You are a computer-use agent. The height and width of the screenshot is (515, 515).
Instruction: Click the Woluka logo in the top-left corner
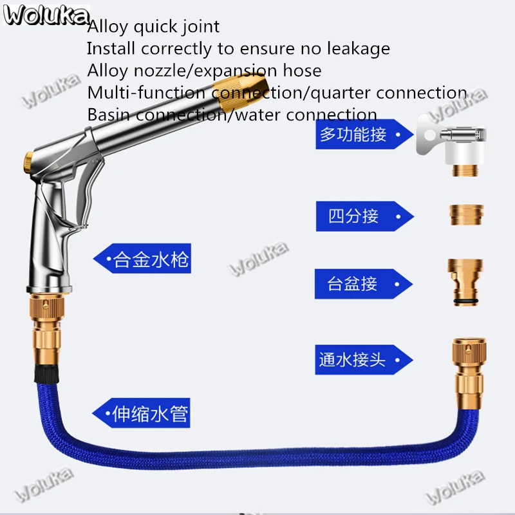pyautogui.click(x=46, y=15)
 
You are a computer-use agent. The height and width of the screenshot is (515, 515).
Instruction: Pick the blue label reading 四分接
pyautogui.click(x=364, y=216)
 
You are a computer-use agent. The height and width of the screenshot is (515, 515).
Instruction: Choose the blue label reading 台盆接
pyautogui.click(x=363, y=284)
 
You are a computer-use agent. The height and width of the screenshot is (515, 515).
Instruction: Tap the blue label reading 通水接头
pyautogui.click(x=364, y=360)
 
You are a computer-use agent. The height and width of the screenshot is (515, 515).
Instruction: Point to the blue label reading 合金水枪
pyautogui.click(x=142, y=259)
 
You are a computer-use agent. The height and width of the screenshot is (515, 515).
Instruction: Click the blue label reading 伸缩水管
pyautogui.click(x=141, y=413)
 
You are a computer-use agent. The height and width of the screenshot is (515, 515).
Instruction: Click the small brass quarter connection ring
pyautogui.click(x=466, y=215)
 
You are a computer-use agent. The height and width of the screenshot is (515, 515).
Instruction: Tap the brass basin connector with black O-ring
pyautogui.click(x=465, y=283)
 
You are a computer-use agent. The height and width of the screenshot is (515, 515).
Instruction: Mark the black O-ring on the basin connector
pyautogui.click(x=465, y=301)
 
